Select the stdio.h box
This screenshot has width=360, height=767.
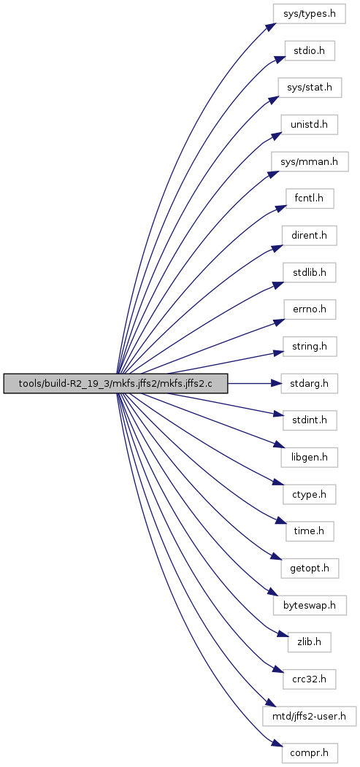tap(310, 50)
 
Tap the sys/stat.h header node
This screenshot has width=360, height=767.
tap(310, 88)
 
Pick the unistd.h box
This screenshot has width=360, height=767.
tap(310, 126)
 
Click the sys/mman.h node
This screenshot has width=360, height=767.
tap(310, 163)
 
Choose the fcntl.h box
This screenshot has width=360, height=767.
tap(310, 200)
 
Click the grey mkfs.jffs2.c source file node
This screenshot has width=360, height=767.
tap(116, 383)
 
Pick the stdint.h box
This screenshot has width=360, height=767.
tap(310, 420)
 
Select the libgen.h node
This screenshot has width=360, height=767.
tap(310, 458)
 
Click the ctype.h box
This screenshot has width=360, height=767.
tap(310, 496)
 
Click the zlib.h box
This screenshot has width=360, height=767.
tap(310, 642)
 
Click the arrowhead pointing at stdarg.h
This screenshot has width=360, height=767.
tap(276, 383)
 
